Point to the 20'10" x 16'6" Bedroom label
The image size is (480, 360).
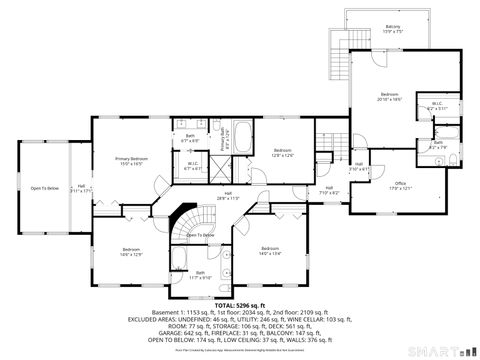pos(389,96)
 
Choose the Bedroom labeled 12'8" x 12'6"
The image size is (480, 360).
pos(282,152)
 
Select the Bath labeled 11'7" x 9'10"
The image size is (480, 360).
pos(200,275)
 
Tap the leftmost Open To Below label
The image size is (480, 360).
pos(43,188)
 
